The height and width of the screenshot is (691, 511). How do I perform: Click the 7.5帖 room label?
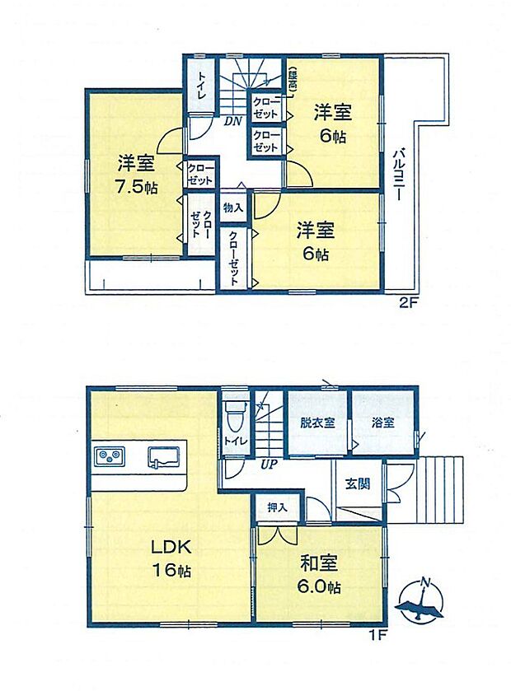point(137,187)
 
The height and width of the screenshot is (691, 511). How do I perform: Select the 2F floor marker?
point(410,302)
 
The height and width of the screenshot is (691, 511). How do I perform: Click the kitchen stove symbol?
point(110,455)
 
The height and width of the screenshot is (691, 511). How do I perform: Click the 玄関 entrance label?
point(358,483)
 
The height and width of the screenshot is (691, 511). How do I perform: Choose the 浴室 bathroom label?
point(382,423)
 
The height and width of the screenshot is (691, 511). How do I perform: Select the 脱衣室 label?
point(317,423)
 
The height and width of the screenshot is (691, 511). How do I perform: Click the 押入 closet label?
point(278,508)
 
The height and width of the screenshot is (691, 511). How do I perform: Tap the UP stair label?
point(270,465)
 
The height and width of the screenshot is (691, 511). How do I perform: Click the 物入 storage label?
point(232,208)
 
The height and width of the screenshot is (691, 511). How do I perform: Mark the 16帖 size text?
point(170,571)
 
